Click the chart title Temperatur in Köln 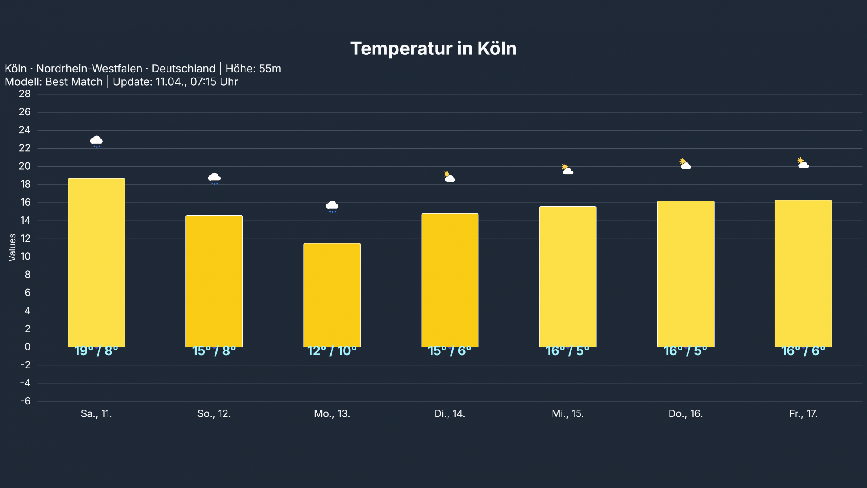pos(433,48)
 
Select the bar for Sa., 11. pos(96,263)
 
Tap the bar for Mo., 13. pos(332,295)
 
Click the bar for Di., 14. pos(450,280)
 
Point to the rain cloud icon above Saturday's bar pos(96,141)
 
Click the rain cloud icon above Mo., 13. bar pos(332,207)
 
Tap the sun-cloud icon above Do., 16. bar pos(685,164)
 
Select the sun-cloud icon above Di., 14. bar pos(449,177)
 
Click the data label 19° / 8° pos(96,351)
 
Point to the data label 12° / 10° pos(332,351)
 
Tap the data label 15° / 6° pos(450,351)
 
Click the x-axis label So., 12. pos(214,414)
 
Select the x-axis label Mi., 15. pos(568,414)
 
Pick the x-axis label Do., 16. pos(685,414)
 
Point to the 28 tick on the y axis pos(25,94)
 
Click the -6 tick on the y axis pos(25,401)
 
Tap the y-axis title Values pos(12,247)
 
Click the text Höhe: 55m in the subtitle pos(253,69)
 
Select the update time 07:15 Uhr pos(214,82)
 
